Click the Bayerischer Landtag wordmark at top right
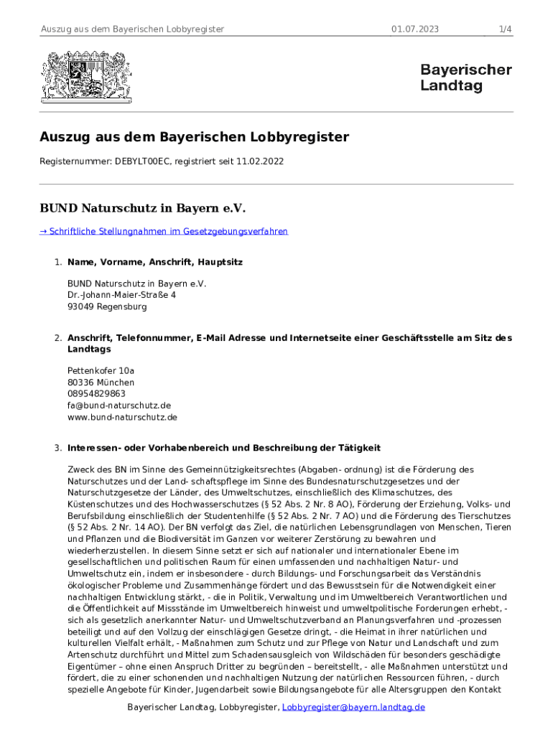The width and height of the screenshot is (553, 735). pyautogui.click(x=465, y=78)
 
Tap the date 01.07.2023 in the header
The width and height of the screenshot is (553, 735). pyautogui.click(x=415, y=29)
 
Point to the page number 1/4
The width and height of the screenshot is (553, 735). pyautogui.click(x=505, y=29)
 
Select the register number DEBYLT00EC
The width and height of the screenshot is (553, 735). pyautogui.click(x=141, y=162)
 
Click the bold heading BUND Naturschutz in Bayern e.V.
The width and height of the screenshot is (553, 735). pyautogui.click(x=142, y=209)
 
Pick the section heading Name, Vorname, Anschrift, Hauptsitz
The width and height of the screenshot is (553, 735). pyautogui.click(x=154, y=263)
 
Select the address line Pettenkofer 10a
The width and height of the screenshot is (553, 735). pyautogui.click(x=101, y=371)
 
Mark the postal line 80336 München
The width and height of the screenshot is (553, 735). pyautogui.click(x=101, y=383)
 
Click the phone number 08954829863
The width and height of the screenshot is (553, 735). pyautogui.click(x=96, y=394)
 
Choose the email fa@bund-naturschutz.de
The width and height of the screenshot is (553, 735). pyautogui.click(x=119, y=406)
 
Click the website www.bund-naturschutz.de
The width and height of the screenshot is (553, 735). pyautogui.click(x=122, y=417)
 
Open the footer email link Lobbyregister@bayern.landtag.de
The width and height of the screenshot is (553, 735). pyautogui.click(x=353, y=707)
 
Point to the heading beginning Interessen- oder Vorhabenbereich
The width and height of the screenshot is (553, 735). pyautogui.click(x=223, y=448)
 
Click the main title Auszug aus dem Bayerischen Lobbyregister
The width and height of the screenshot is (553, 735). pyautogui.click(x=194, y=137)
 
